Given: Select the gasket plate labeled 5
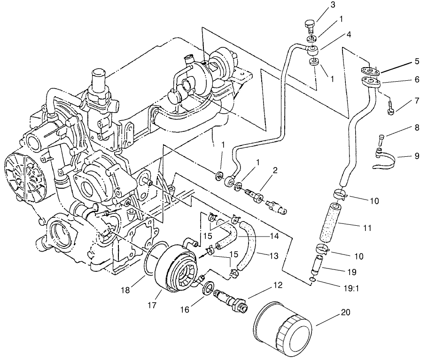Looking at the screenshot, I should (370, 70).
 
